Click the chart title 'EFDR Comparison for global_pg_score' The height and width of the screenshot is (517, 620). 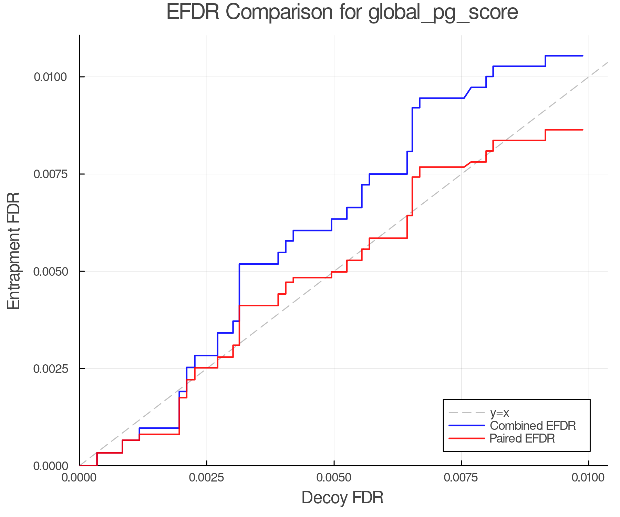click(342, 12)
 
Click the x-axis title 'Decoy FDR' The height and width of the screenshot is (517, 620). click(342, 498)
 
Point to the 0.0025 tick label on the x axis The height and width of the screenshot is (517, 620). click(206, 478)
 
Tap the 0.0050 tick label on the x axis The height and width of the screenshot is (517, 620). click(334, 478)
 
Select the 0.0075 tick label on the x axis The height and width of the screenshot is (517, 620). click(461, 478)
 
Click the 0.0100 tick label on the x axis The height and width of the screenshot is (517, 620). click(588, 478)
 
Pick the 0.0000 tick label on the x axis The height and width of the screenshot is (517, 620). click(79, 478)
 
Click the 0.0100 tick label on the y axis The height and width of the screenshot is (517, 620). click(50, 77)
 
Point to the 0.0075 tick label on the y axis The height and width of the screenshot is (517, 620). click(50, 174)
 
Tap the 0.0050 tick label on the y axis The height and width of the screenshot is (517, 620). click(50, 271)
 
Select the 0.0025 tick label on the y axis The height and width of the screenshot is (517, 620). click(50, 368)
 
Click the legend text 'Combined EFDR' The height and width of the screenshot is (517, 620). click(533, 426)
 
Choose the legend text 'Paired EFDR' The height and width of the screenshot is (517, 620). click(522, 438)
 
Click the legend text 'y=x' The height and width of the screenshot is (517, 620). click(499, 413)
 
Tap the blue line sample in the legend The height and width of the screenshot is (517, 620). click(467, 426)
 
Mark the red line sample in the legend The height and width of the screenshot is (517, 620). click(467, 438)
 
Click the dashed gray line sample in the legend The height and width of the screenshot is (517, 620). click(467, 413)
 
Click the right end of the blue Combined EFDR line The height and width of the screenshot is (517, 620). click(582, 56)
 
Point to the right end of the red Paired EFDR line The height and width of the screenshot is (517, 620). click(582, 130)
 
